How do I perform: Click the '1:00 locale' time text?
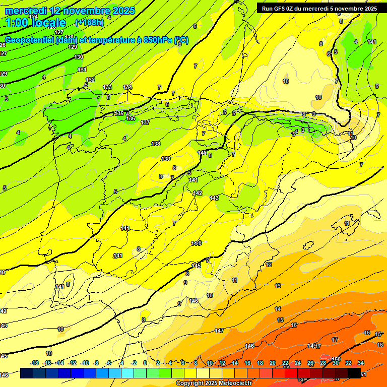[x=36, y=23]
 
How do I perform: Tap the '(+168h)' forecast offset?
[x=89, y=22]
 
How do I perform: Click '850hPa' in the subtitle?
[x=157, y=41]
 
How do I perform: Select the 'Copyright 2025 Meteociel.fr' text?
[x=214, y=383]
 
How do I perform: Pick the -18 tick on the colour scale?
[x=35, y=363]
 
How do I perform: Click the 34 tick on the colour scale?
[x=360, y=363]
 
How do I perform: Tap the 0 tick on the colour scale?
[x=145, y=363]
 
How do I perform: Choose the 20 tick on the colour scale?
[x=273, y=363]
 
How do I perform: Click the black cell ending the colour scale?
[x=354, y=373]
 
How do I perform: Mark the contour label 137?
[x=145, y=122]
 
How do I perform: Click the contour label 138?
[x=156, y=144]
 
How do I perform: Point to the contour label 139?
[x=166, y=159]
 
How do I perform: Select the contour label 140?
[x=202, y=153]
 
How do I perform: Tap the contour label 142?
[x=198, y=193]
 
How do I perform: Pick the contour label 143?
[x=214, y=198]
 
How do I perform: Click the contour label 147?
[x=219, y=331]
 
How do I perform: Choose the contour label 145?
[x=196, y=266]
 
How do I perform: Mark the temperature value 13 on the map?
[x=278, y=286]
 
